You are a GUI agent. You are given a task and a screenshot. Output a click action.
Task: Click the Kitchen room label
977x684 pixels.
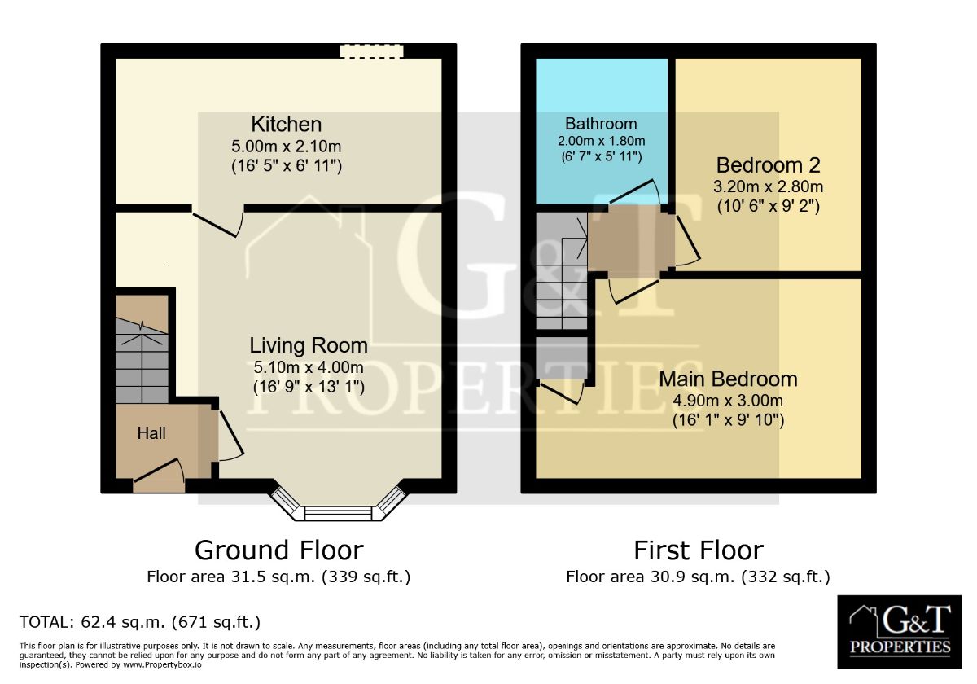coord(286,125)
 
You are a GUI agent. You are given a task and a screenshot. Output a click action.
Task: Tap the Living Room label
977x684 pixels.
coord(309,345)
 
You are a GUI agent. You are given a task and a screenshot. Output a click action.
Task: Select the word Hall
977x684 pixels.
coord(151,433)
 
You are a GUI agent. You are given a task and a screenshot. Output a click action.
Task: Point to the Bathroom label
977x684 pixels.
coord(601,124)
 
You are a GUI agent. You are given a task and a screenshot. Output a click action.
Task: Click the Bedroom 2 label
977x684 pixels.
coord(768,165)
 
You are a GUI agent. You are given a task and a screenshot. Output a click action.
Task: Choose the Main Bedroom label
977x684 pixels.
coord(728,379)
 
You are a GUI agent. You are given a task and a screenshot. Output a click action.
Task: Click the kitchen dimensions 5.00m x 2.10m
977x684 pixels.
coord(286,146)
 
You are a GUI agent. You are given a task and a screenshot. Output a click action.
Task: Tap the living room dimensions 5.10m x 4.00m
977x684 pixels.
coord(309,367)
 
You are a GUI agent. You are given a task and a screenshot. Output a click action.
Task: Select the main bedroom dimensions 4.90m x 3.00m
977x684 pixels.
coord(728,401)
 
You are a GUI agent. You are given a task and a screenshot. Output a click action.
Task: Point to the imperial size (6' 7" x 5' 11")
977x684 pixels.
coord(601,156)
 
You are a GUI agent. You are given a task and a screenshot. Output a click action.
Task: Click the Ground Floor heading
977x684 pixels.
coord(279,550)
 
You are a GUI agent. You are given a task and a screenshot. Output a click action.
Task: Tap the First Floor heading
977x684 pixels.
coord(699,550)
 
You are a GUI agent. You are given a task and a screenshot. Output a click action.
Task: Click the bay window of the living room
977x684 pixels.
coord(338,506)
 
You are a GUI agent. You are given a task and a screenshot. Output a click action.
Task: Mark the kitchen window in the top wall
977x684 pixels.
coord(372,51)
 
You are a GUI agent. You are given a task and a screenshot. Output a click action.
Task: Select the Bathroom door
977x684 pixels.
coord(634,192)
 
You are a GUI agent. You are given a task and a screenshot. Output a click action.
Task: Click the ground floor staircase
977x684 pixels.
coord(142,349)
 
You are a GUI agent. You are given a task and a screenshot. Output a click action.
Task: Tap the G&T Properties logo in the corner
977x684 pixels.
coord(900,632)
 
